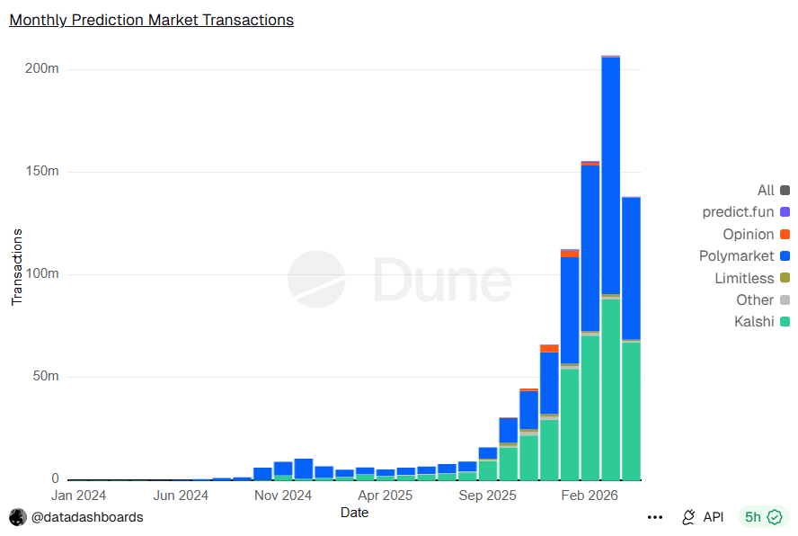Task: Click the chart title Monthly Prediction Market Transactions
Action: pos(151,19)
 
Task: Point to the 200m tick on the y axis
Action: pos(42,69)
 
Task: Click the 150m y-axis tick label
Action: pos(42,172)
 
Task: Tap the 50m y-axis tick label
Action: pos(45,377)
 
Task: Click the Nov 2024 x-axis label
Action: pos(283,496)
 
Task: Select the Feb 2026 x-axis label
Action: pos(590,496)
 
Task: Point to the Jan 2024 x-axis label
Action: pos(78,496)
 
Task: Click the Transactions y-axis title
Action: pos(17,267)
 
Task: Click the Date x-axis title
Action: pos(354,513)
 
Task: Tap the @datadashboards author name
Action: pos(87,517)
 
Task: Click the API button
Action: pos(703,517)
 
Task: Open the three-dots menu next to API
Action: pos(655,517)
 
